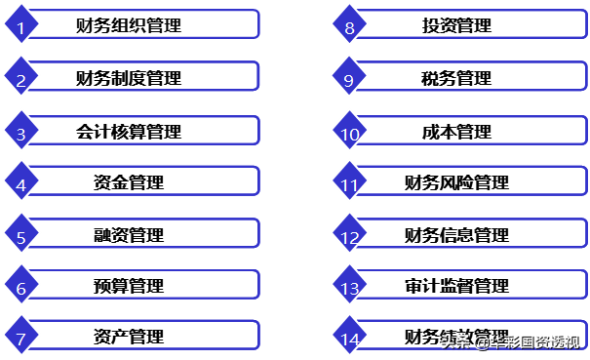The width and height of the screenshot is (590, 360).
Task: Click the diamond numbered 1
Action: pos(20,26)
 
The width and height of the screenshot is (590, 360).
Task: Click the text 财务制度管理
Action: pos(129,78)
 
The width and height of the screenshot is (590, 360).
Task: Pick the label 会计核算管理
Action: pos(129,131)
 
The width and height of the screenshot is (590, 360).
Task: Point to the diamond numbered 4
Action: pos(20,183)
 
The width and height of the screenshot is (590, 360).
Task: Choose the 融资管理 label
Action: pos(129,235)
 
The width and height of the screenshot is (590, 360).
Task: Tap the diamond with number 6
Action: pos(20,288)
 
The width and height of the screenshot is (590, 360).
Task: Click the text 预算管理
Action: pos(129,287)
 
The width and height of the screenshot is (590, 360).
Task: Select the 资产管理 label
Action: pos(129,338)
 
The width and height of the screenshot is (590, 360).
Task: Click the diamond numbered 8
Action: pos(349,26)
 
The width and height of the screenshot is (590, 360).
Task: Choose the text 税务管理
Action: pos(456,78)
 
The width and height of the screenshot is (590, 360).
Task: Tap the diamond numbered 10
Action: pos(349,132)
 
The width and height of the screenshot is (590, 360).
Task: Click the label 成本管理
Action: pos(456,131)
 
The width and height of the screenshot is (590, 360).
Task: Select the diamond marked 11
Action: pos(349,183)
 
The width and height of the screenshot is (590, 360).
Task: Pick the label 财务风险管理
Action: pos(456,182)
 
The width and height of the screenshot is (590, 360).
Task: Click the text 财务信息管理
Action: pos(456,235)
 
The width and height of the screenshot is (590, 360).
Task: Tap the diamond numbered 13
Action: pos(349,288)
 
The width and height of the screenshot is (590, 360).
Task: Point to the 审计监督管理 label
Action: pos(456,287)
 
